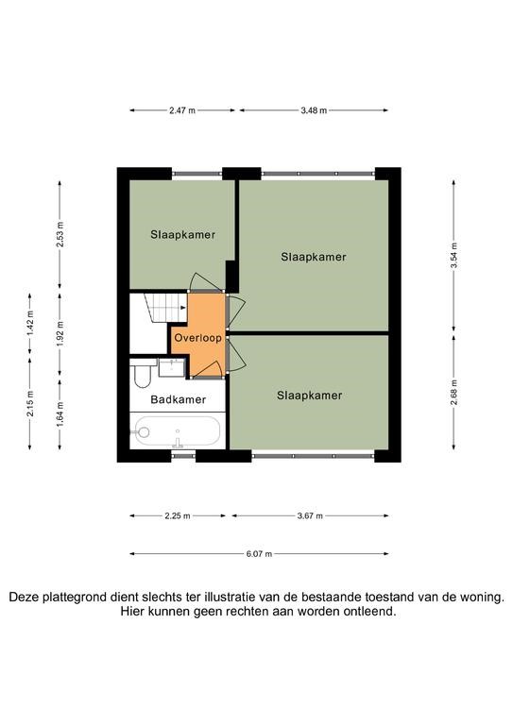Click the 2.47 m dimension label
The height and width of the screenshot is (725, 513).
click(182, 110)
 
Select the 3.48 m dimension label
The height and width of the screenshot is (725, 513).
click(314, 110)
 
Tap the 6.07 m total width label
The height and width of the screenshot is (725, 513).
click(259, 553)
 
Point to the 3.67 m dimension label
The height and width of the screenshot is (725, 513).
click(310, 515)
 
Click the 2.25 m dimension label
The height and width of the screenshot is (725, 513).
click(178, 515)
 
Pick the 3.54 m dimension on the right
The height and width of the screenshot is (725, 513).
click(453, 255)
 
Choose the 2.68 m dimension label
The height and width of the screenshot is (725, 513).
click(453, 392)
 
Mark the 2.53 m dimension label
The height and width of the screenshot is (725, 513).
click(60, 234)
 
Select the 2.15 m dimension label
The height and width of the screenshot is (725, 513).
click(30, 403)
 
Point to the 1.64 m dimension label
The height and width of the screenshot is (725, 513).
click(60, 414)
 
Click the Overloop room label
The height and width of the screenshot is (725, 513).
click(197, 338)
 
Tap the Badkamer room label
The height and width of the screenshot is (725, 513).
click(179, 399)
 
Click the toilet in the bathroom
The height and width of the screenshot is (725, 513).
click(143, 374)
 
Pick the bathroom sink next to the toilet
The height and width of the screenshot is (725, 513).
click(174, 367)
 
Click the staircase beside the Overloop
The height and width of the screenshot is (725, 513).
click(165, 307)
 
